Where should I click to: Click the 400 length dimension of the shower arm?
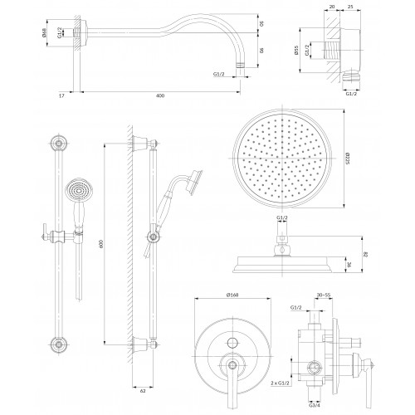[x=160, y=95]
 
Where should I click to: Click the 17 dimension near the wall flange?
[x=61, y=95]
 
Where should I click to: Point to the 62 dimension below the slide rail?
[x=143, y=391]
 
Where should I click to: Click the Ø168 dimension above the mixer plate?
[x=232, y=295]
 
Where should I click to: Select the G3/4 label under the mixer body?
[x=315, y=405]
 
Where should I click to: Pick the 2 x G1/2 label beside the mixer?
[x=280, y=383]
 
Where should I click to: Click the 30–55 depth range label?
[x=324, y=295]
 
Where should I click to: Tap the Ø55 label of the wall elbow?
[x=296, y=50]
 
